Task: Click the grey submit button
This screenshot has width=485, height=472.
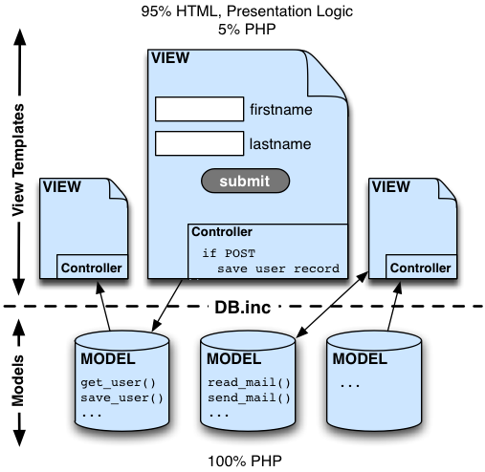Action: point(245,181)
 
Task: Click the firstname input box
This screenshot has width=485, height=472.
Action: point(199,109)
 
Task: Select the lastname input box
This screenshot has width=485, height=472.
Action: point(199,143)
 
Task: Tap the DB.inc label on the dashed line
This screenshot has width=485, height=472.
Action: point(243,308)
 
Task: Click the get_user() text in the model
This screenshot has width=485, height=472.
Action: point(118,382)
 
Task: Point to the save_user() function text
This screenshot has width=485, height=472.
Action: point(121,398)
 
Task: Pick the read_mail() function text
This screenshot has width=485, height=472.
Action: point(249,382)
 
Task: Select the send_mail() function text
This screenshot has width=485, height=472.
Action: point(249,398)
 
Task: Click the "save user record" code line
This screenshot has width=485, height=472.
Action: point(278,268)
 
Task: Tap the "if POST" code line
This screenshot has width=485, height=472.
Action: point(229,253)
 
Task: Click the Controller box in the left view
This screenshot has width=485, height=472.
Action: point(92,267)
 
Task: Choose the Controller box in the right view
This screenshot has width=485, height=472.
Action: point(421,267)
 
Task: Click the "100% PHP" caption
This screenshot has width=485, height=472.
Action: point(245,461)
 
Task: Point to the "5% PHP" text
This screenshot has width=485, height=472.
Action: point(247,30)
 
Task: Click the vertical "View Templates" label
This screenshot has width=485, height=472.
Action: point(18,160)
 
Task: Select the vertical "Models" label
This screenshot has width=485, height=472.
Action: point(18,380)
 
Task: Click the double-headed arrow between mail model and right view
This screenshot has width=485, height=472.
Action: point(332,305)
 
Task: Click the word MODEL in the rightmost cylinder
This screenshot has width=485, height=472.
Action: point(360,359)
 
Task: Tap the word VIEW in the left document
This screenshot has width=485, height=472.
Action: point(62,186)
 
